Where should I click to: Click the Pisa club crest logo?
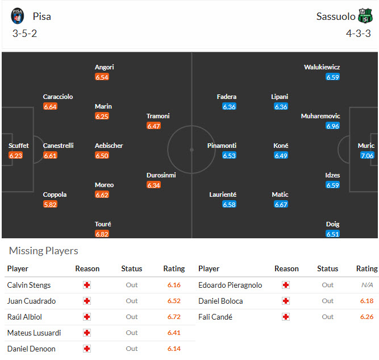[x=18, y=16]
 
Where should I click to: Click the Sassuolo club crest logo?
[x=365, y=16]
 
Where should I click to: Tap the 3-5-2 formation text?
[x=24, y=33]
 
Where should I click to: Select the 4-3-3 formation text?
[x=359, y=33]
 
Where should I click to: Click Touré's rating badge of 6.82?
[x=102, y=234]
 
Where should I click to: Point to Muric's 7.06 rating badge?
[x=367, y=155]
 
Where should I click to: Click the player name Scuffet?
[x=19, y=146]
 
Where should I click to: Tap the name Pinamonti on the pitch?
[x=222, y=146]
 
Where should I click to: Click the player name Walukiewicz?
[x=322, y=67]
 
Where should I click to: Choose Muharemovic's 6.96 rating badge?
[x=332, y=126]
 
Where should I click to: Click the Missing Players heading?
[x=44, y=251]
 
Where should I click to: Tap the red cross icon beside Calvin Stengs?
[x=87, y=285]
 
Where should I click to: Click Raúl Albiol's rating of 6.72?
[x=174, y=317]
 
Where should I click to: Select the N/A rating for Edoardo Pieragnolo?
[x=366, y=285]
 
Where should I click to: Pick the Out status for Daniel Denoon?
[x=132, y=349]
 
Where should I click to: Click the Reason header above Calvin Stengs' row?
[x=87, y=268]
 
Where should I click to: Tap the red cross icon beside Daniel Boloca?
[x=286, y=301]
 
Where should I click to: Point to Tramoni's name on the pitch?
[x=158, y=116]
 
